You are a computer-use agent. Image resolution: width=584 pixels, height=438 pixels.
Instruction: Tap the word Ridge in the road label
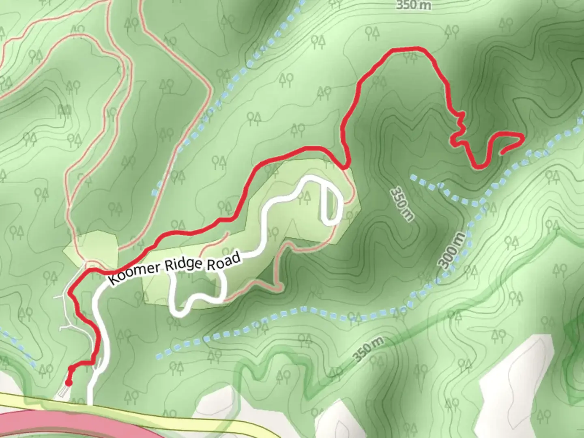point(183,266)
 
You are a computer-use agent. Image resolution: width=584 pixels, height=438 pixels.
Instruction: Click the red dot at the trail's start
point(69,382)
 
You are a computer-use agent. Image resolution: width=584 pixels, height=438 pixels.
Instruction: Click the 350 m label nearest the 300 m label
point(402,204)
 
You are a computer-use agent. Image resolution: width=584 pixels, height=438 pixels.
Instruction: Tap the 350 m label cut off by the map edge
point(413,5)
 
